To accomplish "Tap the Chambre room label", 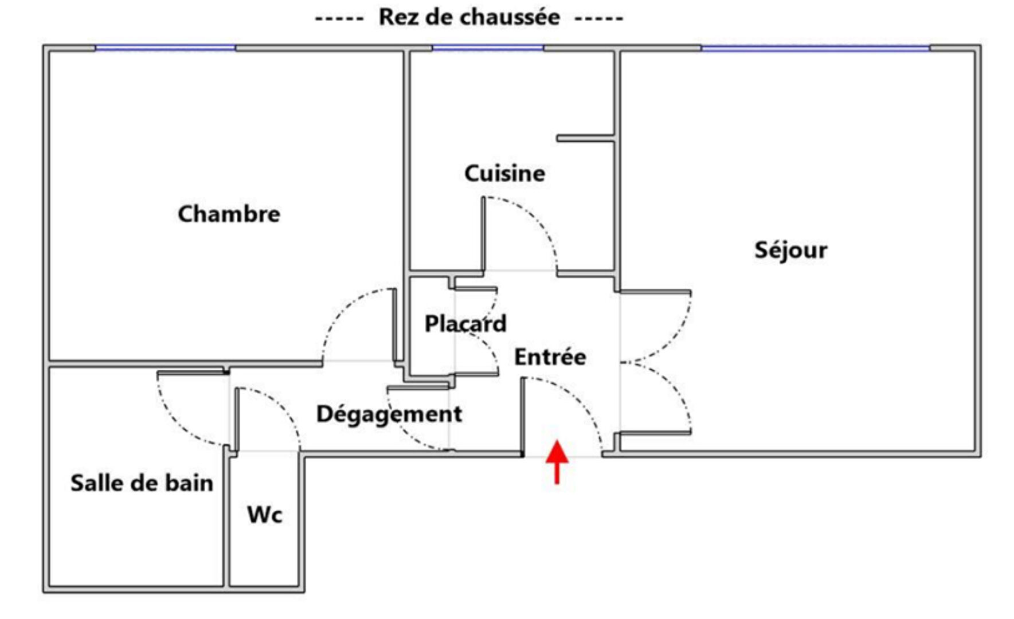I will coord(229,214).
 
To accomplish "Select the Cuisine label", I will coord(504,173).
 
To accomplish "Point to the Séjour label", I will coord(790,250).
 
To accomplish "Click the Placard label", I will coord(465,324).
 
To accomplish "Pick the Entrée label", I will coord(550,357).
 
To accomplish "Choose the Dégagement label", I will coord(389,414).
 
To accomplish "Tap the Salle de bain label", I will coord(142,483).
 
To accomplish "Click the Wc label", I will coord(265,514).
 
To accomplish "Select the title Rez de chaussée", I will coord(469,17).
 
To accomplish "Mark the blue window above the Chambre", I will coord(165,48).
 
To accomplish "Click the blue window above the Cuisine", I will coord(487,48).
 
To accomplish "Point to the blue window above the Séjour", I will coord(815,48).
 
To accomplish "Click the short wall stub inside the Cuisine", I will coord(585,138).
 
